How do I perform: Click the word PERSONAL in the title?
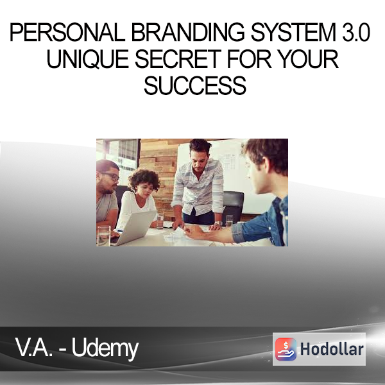click(67, 32)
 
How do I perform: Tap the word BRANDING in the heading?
click(188, 32)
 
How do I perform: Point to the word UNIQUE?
click(88, 59)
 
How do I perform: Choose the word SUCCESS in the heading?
click(195, 86)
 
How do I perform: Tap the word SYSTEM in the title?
click(293, 32)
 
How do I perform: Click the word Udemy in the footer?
click(105, 349)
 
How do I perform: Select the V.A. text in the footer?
click(34, 347)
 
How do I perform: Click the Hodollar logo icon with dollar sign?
click(286, 349)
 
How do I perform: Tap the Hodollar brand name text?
click(332, 349)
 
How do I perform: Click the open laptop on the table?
click(135, 228)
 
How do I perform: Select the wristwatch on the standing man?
click(218, 223)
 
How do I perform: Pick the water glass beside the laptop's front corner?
click(103, 236)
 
